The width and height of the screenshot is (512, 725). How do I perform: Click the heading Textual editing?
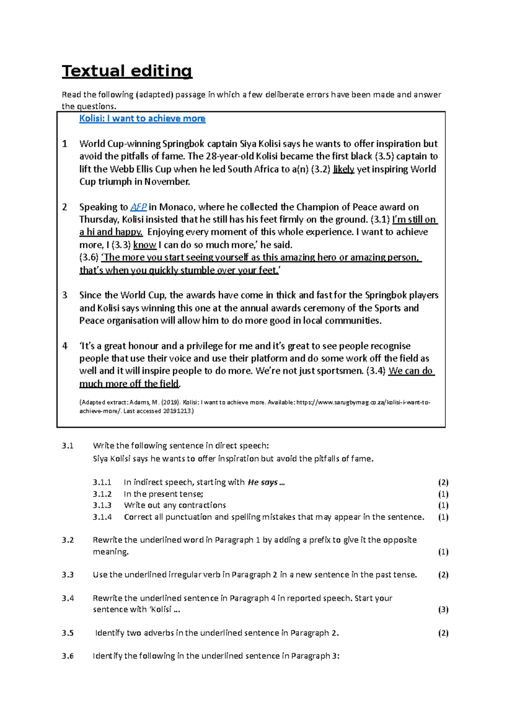(127, 71)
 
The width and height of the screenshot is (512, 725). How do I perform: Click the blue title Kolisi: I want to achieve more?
(142, 119)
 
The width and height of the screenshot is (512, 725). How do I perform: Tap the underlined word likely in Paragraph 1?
(343, 169)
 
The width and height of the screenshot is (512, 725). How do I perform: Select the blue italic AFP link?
(138, 207)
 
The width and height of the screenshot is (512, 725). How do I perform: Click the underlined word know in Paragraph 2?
(145, 245)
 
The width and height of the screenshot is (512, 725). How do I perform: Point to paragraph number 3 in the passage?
(65, 295)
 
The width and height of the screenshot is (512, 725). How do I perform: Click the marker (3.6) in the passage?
(89, 257)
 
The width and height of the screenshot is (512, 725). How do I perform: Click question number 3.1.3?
(102, 506)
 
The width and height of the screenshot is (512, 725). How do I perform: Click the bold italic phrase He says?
(263, 482)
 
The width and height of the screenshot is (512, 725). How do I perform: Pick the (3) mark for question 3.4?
(443, 610)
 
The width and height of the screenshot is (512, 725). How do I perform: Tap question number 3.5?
(67, 633)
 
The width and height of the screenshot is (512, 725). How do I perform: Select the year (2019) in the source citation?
(171, 402)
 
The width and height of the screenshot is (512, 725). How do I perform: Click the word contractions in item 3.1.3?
(201, 506)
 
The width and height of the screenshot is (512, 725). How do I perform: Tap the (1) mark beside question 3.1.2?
(443, 494)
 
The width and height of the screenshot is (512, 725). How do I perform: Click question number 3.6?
(67, 656)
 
